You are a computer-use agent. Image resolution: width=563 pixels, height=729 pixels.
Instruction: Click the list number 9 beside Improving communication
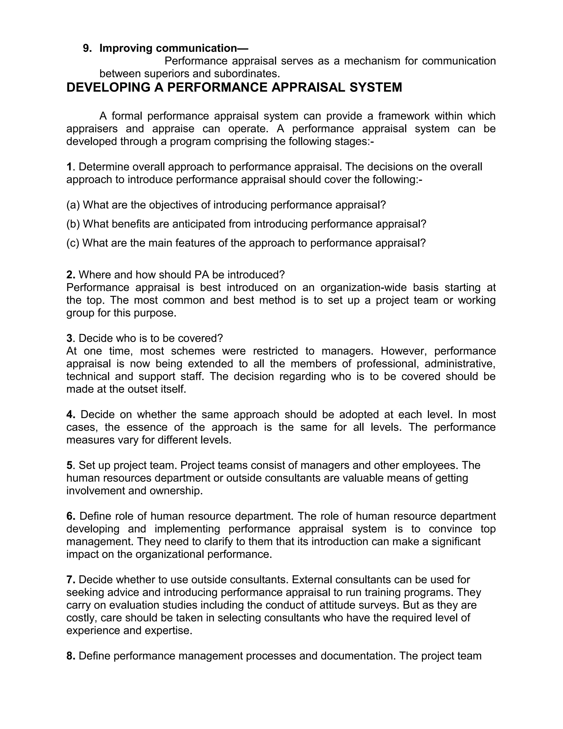pos(87,48)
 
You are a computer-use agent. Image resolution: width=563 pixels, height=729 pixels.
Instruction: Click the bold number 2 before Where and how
pos(70,275)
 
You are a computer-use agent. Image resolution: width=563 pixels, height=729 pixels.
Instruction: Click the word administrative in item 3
pos(460,363)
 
